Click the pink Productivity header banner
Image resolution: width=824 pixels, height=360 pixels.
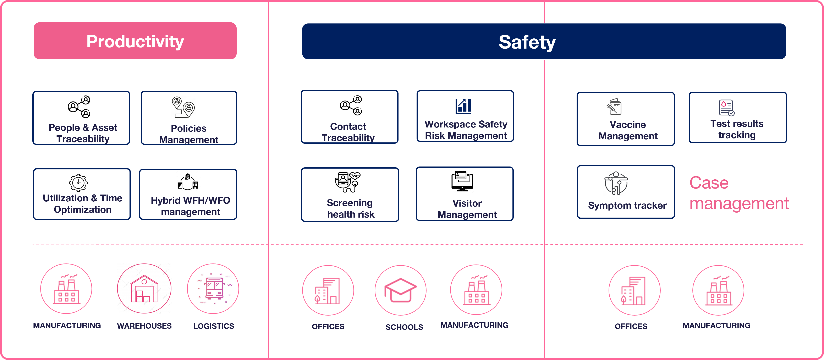(x=135, y=41)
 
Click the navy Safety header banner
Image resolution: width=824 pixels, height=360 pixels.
(x=544, y=41)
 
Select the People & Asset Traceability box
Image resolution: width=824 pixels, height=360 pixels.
(x=81, y=118)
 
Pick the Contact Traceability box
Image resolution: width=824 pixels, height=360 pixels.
(x=350, y=116)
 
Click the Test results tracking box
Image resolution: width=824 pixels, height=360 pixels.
(x=738, y=118)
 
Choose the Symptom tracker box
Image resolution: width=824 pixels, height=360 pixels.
(x=626, y=192)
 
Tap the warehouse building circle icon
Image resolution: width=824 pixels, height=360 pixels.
(x=144, y=289)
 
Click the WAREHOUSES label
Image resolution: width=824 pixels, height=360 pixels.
(x=144, y=326)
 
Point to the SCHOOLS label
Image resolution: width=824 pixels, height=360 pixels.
(x=404, y=327)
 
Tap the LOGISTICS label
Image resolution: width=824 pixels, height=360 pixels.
(x=214, y=326)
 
